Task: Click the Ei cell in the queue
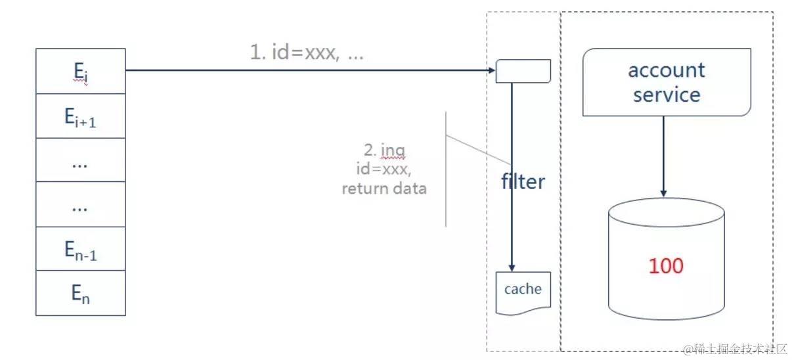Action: tap(79, 71)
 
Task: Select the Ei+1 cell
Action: tap(79, 116)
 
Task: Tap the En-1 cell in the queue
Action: tap(79, 248)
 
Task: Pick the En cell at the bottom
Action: tap(79, 292)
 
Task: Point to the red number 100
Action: tap(666, 266)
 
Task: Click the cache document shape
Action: tap(523, 291)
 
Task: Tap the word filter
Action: tap(523, 181)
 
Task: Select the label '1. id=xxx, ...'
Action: tap(306, 53)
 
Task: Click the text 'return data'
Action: tap(384, 189)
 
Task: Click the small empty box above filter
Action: tap(523, 71)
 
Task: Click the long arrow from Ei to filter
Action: tap(309, 70)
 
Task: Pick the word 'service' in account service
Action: tap(666, 95)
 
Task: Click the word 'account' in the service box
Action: tap(666, 70)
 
